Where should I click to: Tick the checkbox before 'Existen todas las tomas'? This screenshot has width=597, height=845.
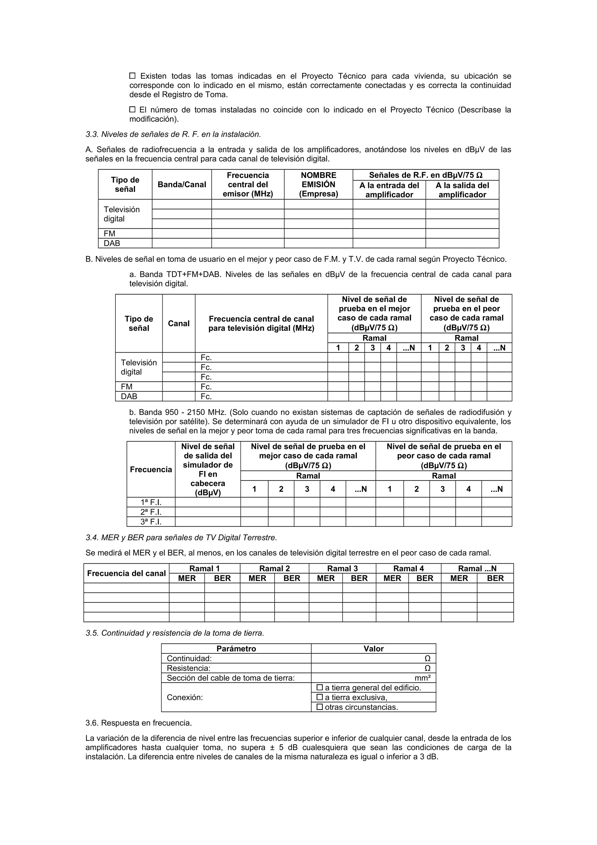tap(132, 76)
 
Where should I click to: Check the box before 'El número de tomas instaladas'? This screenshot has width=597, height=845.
tap(132, 109)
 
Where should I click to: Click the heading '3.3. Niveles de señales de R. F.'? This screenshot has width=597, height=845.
tap(173, 134)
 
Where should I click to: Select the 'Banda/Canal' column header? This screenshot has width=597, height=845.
tap(182, 184)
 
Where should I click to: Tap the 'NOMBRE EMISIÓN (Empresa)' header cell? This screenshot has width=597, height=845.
tap(318, 184)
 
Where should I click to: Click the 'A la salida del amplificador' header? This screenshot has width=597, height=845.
tap(462, 190)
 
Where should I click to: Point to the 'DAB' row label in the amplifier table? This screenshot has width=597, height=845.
tap(112, 243)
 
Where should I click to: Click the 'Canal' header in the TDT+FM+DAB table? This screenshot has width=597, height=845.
tap(178, 323)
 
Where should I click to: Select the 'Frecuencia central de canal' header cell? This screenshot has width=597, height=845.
tap(261, 323)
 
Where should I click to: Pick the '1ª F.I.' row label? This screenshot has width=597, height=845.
tap(151, 502)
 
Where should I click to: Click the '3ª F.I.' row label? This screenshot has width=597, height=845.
tap(151, 522)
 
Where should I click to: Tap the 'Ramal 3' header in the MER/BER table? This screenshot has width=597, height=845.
tap(342, 568)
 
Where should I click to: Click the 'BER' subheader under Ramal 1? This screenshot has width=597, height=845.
tap(222, 578)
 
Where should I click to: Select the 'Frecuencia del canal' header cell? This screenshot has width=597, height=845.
tap(126, 573)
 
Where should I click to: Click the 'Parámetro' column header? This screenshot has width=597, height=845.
tap(236, 648)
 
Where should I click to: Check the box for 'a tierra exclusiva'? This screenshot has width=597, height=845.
tap(319, 697)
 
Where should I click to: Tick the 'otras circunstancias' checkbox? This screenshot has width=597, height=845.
tap(319, 706)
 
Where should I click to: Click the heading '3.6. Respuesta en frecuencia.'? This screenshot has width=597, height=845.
tap(139, 723)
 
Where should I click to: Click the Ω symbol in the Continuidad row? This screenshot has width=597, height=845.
tap(427, 658)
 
